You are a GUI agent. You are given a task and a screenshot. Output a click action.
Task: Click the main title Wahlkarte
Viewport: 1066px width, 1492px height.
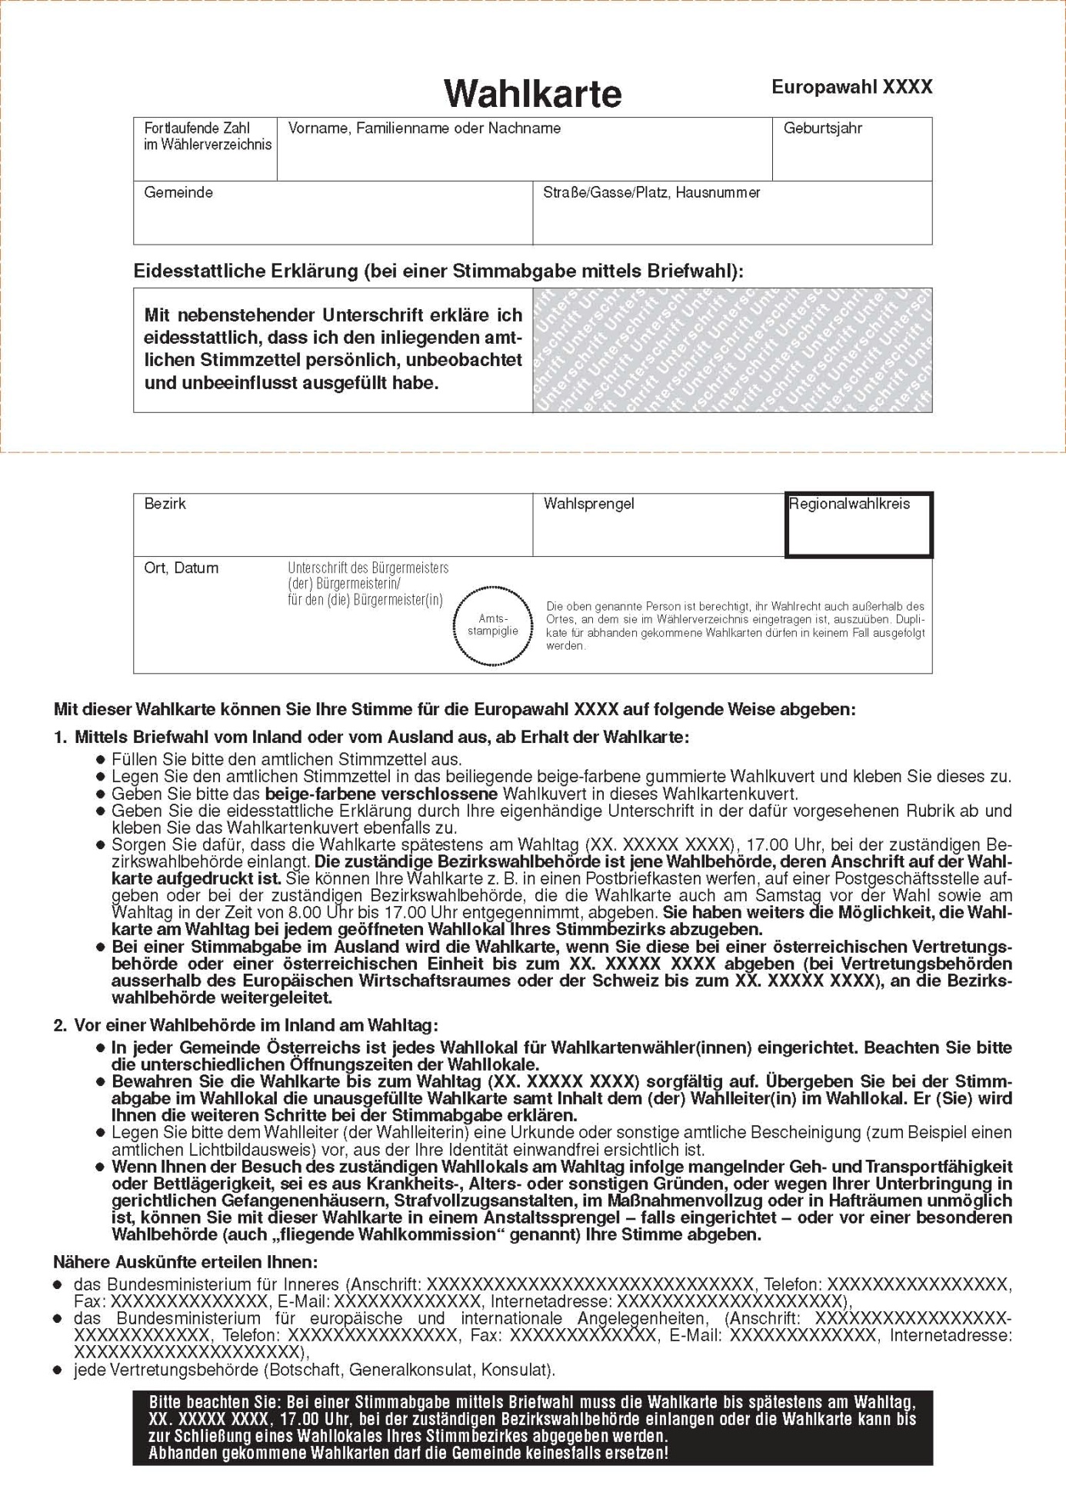tap(532, 94)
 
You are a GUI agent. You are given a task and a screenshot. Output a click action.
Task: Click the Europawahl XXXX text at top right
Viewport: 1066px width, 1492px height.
tap(851, 87)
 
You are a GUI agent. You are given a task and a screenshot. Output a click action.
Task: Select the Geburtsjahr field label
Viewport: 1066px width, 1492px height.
tap(822, 128)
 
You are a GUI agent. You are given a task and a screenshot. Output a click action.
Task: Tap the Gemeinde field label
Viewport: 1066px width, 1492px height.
tap(178, 192)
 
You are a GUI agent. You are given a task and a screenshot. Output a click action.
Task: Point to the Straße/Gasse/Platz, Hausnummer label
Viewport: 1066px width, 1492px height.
tap(651, 192)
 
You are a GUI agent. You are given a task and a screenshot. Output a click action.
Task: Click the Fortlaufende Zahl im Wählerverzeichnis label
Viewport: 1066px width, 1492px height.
tap(207, 136)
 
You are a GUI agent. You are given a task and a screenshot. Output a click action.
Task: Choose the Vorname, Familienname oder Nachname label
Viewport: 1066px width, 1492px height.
tap(424, 128)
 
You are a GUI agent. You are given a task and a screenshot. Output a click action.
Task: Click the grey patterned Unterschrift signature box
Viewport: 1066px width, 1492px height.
tap(731, 350)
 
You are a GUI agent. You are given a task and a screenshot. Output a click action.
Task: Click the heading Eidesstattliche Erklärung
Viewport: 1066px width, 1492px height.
tap(438, 271)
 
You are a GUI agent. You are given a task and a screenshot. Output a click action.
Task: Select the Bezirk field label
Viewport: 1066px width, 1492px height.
tap(165, 504)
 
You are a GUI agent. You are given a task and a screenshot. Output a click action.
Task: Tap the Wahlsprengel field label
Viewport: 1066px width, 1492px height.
tap(588, 504)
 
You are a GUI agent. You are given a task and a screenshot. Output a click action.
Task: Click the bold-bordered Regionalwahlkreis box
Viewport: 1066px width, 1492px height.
tap(858, 525)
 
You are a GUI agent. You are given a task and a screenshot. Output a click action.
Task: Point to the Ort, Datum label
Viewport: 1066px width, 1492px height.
tap(181, 568)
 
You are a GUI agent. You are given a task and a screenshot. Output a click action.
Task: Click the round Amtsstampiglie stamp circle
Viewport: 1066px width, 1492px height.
tap(493, 624)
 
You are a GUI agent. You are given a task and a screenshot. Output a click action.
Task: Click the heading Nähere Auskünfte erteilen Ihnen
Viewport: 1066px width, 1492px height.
tap(185, 1262)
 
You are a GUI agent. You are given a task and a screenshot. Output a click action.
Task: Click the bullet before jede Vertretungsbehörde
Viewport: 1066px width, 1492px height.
tap(58, 1370)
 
